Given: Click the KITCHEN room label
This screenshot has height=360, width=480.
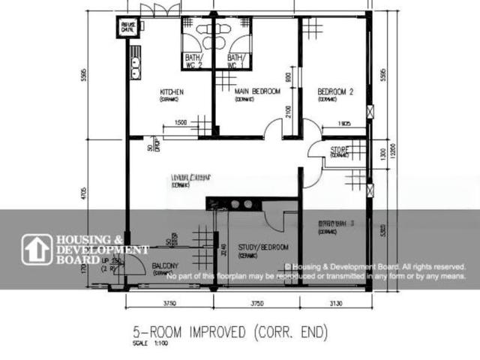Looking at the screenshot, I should click(x=172, y=92).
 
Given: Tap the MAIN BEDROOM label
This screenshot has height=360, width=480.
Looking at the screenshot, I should click(x=257, y=91).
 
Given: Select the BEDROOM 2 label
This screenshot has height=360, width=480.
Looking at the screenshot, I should click(x=335, y=91).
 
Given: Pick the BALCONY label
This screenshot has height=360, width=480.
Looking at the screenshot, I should click(x=164, y=266).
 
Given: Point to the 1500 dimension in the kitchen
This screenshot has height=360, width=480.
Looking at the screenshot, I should click(x=181, y=123).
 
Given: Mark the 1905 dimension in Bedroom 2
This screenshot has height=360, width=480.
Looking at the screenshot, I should click(x=344, y=123).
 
